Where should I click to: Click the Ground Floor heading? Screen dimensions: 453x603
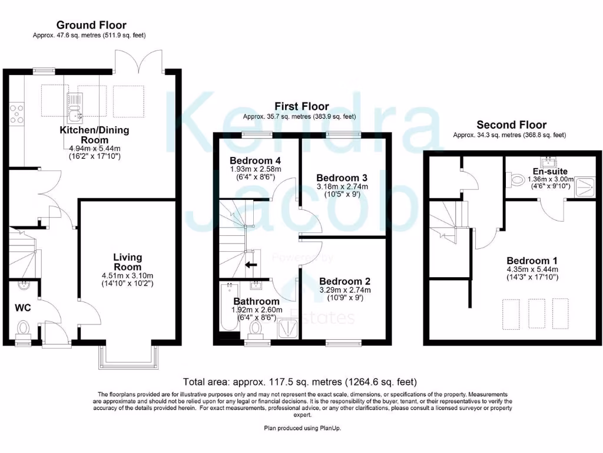tap(91, 25)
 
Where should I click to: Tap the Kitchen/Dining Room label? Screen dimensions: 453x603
tap(94, 135)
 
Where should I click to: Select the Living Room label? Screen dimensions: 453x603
tap(128, 262)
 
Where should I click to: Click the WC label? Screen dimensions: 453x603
tap(23, 307)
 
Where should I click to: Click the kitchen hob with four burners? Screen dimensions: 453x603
tap(16, 113)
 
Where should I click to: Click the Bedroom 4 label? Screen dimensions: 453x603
tap(247, 160)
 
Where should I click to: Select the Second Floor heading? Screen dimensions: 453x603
tap(511, 124)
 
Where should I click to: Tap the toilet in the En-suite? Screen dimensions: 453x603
tap(517, 179)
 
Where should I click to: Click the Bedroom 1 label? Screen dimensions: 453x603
tap(532, 261)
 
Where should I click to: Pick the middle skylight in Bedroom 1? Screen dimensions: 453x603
tap(535, 314)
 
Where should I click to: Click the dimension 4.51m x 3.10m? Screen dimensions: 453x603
tap(128, 275)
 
